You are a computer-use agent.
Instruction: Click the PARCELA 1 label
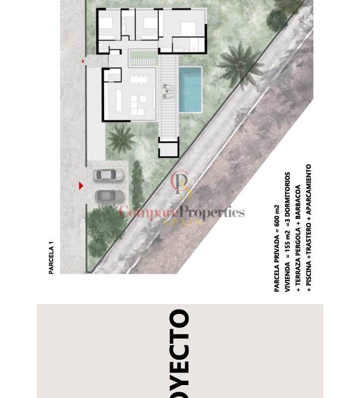51,257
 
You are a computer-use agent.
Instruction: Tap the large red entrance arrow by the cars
81,186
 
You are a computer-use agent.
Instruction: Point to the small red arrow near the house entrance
83,61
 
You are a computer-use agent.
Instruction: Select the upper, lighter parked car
108,175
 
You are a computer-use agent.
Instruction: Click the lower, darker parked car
109,196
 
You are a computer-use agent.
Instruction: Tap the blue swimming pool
190,90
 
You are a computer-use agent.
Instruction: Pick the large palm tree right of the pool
239,64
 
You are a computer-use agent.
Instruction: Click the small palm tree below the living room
121,139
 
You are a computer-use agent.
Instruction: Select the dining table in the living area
139,80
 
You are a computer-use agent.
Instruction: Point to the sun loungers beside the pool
168,92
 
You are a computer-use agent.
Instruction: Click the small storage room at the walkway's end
169,147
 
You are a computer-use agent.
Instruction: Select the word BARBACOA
298,202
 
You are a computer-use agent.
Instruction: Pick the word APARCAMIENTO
308,190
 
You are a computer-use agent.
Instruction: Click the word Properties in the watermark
213,212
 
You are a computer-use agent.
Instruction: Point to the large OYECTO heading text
180,353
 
